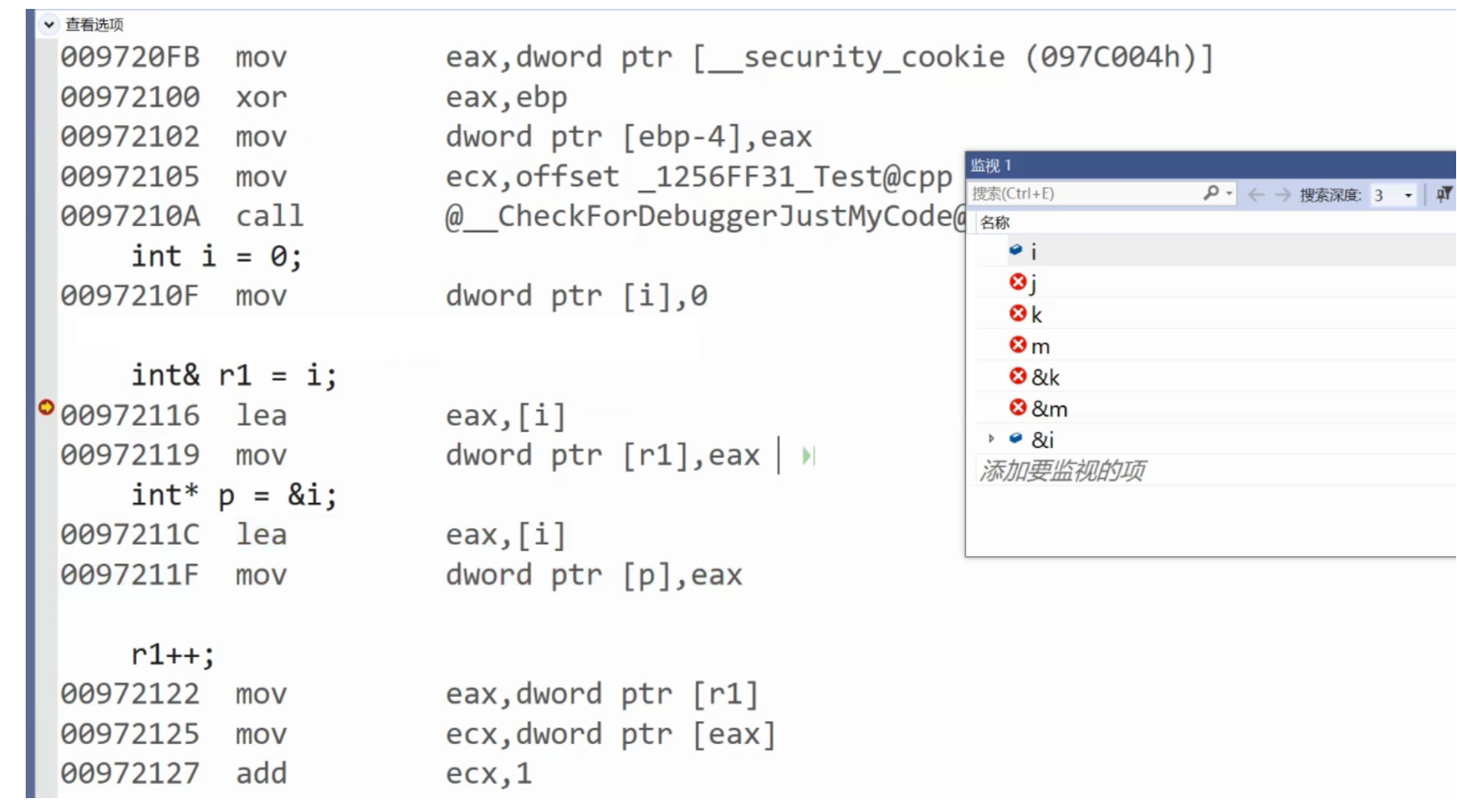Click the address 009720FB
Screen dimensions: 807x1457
click(129, 58)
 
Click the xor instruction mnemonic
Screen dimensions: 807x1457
click(261, 98)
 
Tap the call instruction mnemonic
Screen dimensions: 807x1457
click(269, 216)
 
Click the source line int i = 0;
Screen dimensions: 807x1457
click(216, 257)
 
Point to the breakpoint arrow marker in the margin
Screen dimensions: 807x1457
click(46, 407)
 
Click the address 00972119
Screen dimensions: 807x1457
click(129, 456)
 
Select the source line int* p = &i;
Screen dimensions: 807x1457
click(234, 495)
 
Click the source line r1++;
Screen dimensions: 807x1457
click(173, 654)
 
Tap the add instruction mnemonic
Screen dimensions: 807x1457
click(261, 774)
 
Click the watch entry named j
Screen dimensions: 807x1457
click(1033, 284)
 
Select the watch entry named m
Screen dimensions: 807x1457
click(1040, 347)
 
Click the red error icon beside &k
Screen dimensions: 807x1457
click(1017, 377)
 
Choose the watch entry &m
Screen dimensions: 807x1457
click(1049, 409)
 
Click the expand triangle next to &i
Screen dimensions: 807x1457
click(991, 439)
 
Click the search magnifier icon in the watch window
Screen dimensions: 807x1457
click(1211, 193)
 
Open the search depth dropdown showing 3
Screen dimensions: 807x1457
click(1407, 195)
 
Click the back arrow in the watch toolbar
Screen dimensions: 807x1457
click(1256, 194)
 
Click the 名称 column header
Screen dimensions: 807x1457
click(994, 223)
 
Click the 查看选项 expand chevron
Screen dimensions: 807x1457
click(49, 25)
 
